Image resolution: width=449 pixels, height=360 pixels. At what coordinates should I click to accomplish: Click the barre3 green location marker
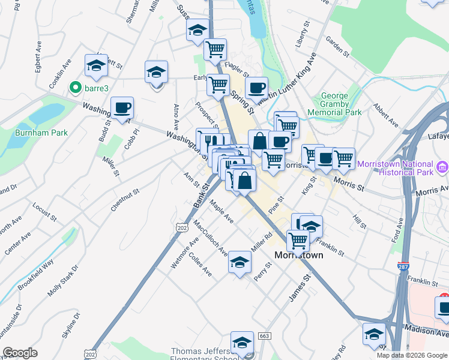[76, 88]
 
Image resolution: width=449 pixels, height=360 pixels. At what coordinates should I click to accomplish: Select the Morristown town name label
[299, 255]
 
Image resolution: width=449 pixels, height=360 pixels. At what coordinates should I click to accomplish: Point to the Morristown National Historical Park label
[394, 169]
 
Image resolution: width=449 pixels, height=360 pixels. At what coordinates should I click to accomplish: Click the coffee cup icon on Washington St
[122, 107]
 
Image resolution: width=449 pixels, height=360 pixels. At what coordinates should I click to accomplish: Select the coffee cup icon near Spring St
[256, 88]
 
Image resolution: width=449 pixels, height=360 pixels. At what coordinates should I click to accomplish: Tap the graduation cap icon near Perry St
[239, 262]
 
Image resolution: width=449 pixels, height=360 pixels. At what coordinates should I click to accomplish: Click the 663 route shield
[264, 336]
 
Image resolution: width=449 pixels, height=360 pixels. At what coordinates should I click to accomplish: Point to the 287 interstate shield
[403, 265]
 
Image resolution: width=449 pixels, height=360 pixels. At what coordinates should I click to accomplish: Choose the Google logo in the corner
[20, 353]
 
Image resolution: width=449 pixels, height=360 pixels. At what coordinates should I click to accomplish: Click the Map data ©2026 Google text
[411, 355]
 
